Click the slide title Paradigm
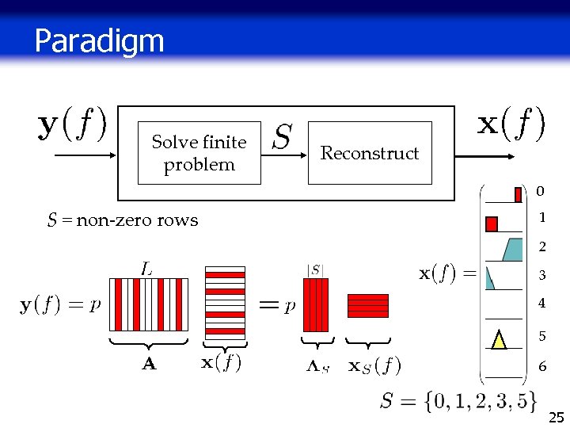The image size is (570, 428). click(x=99, y=40)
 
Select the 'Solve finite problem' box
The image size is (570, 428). click(x=199, y=153)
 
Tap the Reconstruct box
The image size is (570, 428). click(x=370, y=153)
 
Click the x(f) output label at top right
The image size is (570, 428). click(x=511, y=124)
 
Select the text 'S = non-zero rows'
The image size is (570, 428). click(x=123, y=220)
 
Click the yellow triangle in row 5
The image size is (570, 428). click(x=499, y=338)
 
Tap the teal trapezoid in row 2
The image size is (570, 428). click(x=512, y=249)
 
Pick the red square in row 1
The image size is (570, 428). click(x=492, y=224)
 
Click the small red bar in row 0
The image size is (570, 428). click(x=518, y=194)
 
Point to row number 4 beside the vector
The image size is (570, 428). click(x=541, y=304)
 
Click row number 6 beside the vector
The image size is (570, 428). click(x=541, y=367)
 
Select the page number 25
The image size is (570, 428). click(x=556, y=417)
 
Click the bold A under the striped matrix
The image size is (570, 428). click(x=148, y=365)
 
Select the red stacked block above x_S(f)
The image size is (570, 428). click(x=368, y=305)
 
